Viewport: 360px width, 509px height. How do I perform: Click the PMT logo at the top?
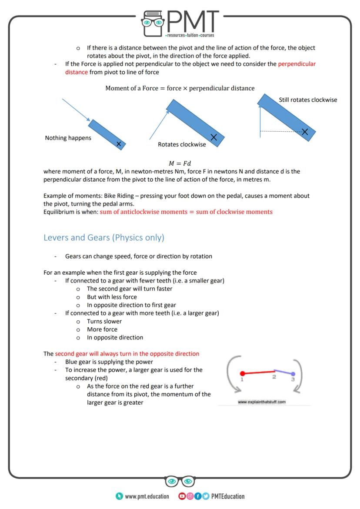pos(180,23)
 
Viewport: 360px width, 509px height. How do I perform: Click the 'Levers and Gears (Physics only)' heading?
pos(104,238)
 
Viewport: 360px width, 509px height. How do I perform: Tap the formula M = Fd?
pos(180,163)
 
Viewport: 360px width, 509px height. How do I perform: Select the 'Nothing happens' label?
pos(68,138)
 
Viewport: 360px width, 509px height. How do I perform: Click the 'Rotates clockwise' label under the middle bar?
pos(182,144)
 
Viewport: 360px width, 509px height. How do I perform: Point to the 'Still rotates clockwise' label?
pos(308,100)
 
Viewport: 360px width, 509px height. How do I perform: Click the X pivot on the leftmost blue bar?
pos(118,143)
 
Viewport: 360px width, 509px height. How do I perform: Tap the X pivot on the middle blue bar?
pos(213,137)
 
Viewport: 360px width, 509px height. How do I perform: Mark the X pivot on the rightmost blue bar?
pos(305,131)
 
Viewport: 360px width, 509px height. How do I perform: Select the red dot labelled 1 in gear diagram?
pos(242,373)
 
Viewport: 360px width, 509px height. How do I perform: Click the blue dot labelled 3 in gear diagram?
pos(293,374)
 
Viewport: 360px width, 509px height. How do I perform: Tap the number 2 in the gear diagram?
pos(274,376)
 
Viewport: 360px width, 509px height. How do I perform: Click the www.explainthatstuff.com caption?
pos(261,402)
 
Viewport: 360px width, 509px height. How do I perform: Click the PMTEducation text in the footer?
pos(227,496)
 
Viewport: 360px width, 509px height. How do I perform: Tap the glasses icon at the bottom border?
pos(180,482)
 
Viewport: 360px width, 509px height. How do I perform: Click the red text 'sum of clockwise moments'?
pos(236,212)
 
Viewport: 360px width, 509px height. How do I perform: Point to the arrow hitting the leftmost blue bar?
pos(76,110)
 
